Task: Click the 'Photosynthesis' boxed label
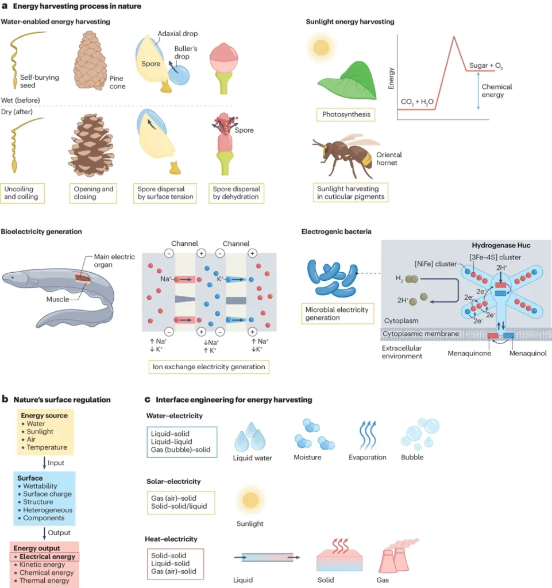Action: click(x=346, y=114)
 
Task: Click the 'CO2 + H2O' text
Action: click(x=418, y=102)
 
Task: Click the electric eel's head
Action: click(x=17, y=279)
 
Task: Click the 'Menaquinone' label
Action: click(x=470, y=353)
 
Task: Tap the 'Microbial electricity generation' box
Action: click(x=337, y=314)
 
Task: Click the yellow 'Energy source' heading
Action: click(x=44, y=415)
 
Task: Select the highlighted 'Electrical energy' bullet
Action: click(x=47, y=556)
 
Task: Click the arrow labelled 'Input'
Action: click(x=44, y=462)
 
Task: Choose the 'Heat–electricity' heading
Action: click(x=172, y=539)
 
